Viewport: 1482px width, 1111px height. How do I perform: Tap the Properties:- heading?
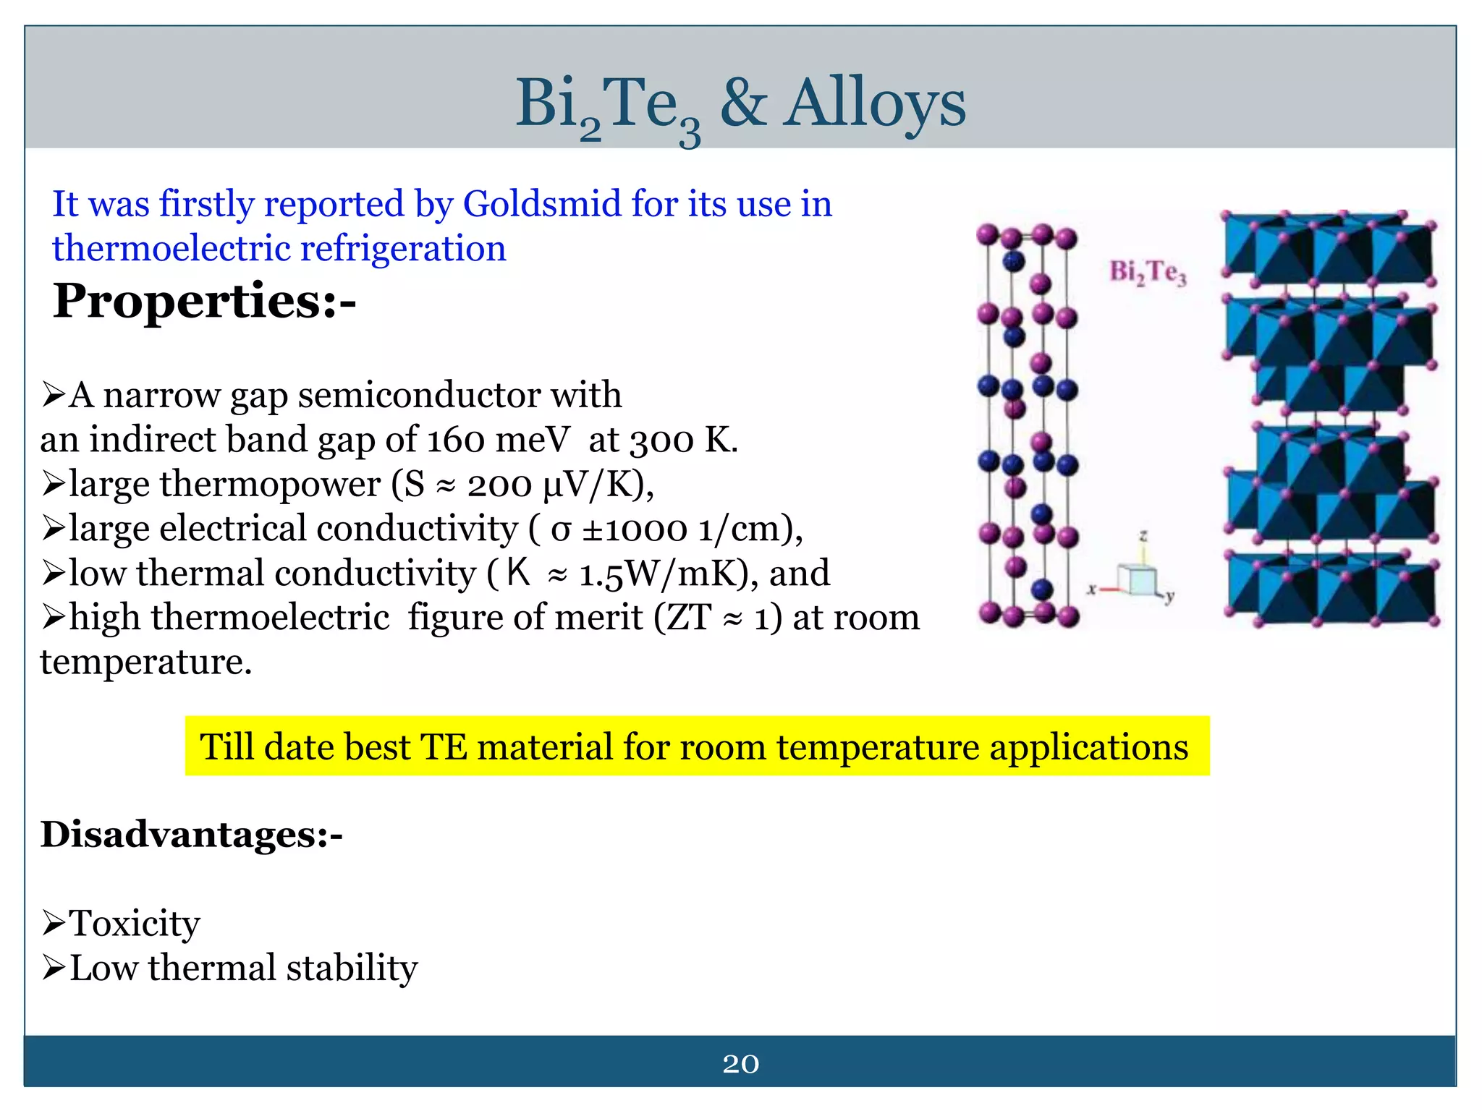(x=204, y=301)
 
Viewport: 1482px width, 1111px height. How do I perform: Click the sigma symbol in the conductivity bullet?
(x=560, y=530)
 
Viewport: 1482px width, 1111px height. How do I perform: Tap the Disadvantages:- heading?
(x=191, y=834)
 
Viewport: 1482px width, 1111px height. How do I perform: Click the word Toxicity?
(x=135, y=924)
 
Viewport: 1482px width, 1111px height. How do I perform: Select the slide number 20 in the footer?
(x=740, y=1064)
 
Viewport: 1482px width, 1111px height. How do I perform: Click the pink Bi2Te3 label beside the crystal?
(x=1148, y=273)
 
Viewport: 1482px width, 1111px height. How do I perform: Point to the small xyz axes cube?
(x=1137, y=579)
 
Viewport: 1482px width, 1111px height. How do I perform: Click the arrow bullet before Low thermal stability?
(x=54, y=968)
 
